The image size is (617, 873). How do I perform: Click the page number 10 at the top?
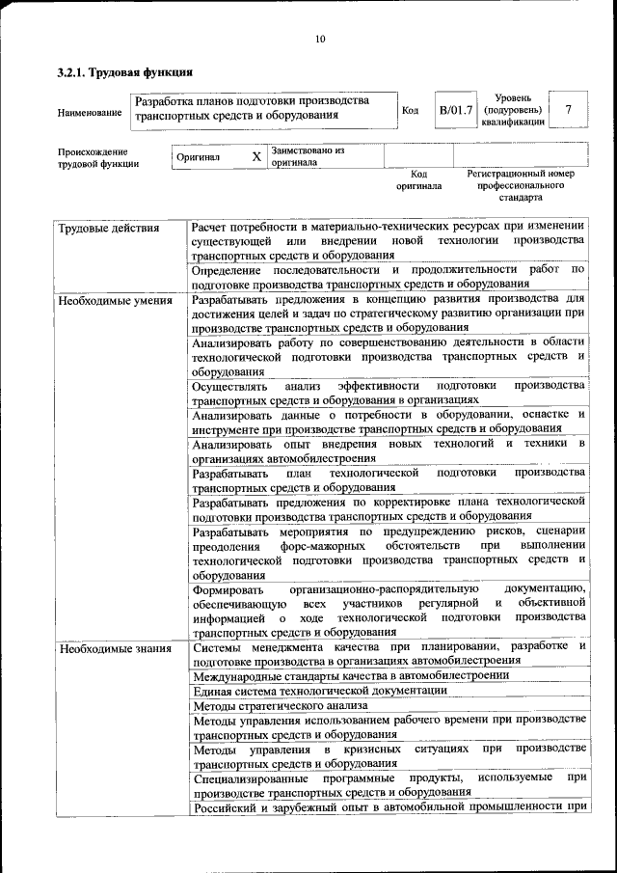click(320, 39)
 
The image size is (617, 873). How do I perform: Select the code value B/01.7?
click(456, 110)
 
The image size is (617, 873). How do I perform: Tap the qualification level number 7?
click(568, 110)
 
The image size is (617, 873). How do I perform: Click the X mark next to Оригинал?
click(255, 156)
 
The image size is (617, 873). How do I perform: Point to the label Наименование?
click(90, 112)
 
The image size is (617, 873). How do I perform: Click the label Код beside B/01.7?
click(410, 110)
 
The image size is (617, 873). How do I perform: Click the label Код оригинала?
click(418, 179)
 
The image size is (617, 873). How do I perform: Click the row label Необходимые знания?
click(115, 647)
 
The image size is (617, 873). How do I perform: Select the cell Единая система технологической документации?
click(319, 690)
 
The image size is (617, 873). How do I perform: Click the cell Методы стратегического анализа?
click(279, 705)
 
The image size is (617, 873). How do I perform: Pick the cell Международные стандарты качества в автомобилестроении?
click(351, 675)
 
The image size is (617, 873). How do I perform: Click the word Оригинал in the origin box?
click(199, 156)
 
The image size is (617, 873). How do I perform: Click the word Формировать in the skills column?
click(227, 588)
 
